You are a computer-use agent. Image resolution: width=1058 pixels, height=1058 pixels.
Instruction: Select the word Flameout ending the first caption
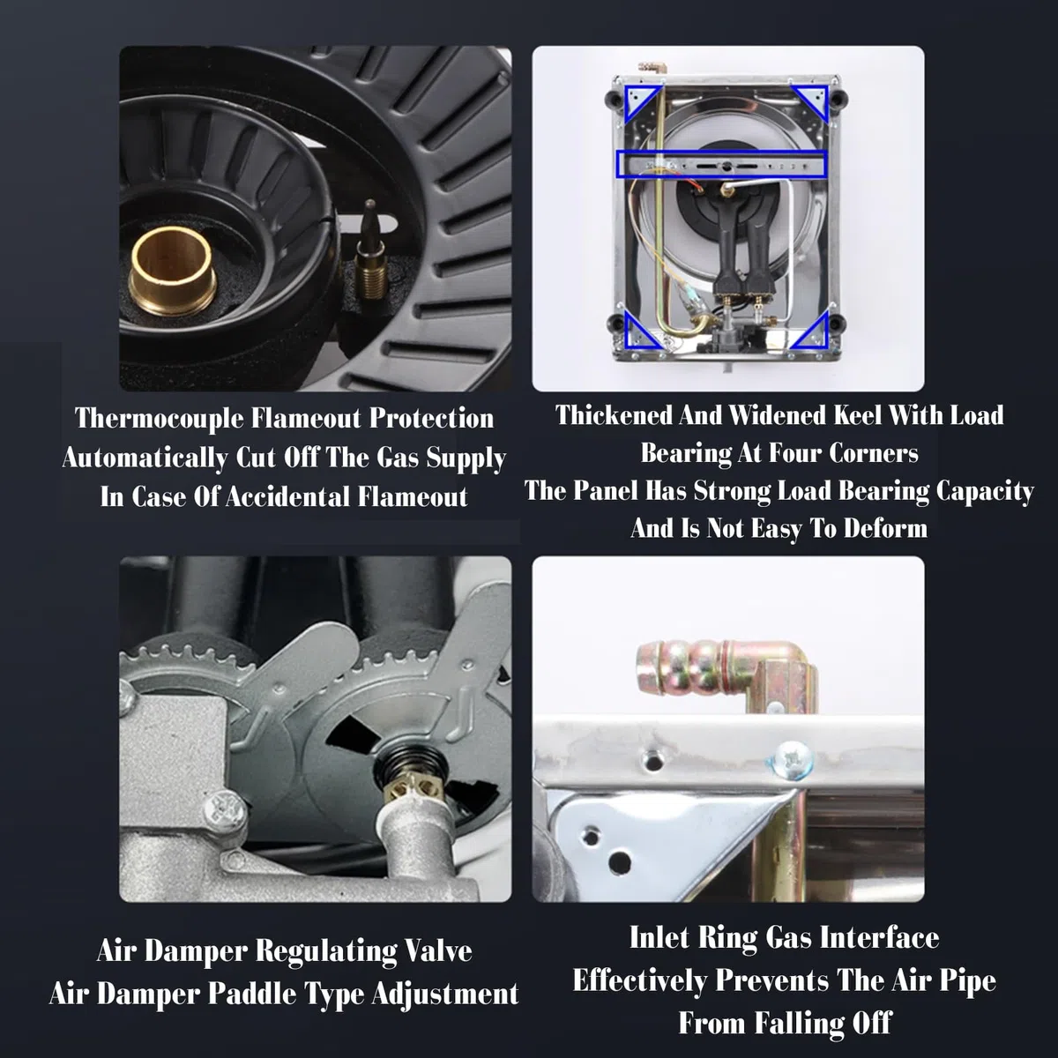413,497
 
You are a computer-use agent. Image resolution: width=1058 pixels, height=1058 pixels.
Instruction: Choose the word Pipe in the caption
968,981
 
